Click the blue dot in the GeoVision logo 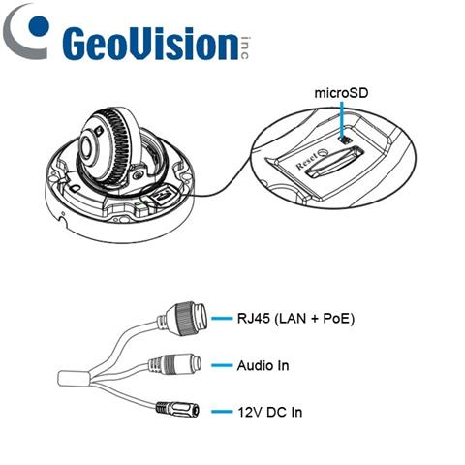(x=39, y=25)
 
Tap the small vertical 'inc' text (x=245, y=47)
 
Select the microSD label (x=341, y=93)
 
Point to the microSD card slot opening (x=334, y=161)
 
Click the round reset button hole (x=323, y=152)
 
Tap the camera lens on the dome (x=86, y=147)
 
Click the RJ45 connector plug (x=185, y=319)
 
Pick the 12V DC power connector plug (x=177, y=410)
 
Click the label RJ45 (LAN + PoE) (x=295, y=319)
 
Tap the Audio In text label (x=263, y=366)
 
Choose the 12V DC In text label (x=270, y=412)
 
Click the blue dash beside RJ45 (x=222, y=318)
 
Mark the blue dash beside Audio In (x=222, y=365)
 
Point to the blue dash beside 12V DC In (x=222, y=412)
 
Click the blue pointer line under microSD (x=343, y=118)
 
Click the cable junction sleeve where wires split (x=74, y=378)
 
